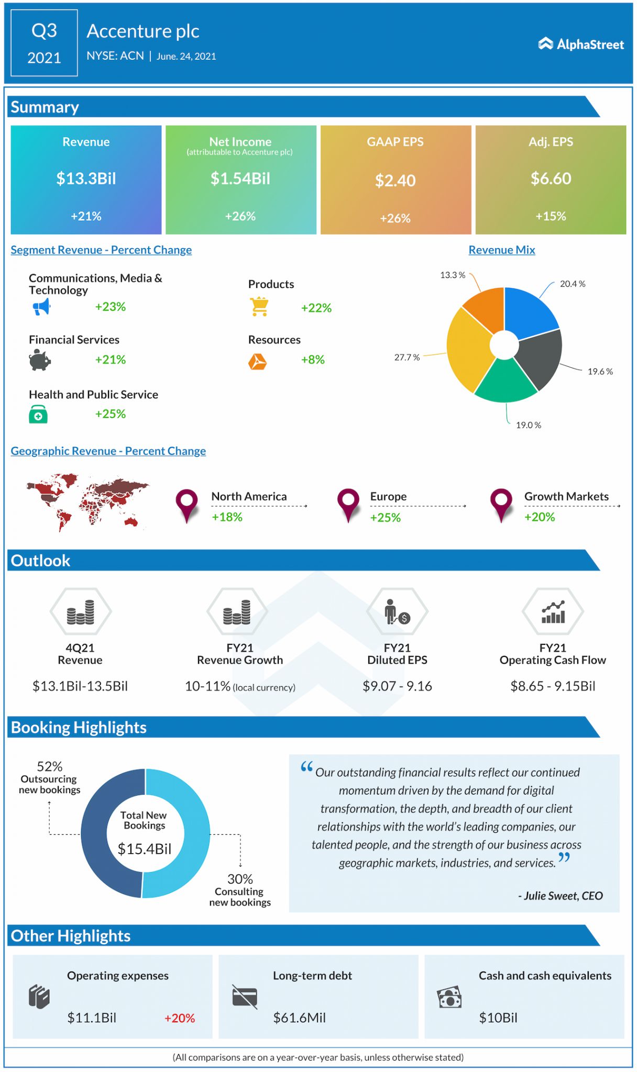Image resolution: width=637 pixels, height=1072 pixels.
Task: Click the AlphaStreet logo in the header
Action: [581, 44]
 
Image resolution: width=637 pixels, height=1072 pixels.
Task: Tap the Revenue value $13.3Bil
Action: [86, 178]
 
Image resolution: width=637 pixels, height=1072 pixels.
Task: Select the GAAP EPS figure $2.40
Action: [395, 181]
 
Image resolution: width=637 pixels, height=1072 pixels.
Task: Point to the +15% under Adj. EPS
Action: [551, 216]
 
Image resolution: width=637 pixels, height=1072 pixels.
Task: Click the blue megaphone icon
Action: [41, 307]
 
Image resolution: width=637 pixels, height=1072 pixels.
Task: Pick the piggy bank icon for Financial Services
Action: [40, 360]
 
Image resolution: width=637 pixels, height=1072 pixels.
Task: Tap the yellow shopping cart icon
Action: [259, 307]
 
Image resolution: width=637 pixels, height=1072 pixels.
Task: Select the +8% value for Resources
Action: [313, 360]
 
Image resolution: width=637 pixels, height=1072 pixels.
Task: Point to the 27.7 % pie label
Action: [407, 358]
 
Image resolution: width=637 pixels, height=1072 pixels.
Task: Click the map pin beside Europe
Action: [348, 504]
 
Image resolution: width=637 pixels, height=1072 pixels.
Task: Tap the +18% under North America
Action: [227, 517]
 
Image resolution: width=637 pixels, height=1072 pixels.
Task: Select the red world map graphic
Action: [87, 501]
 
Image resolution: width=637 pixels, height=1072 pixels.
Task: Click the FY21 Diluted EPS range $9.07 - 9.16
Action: [397, 686]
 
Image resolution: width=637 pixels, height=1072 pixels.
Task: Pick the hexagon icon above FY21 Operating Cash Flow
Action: [553, 611]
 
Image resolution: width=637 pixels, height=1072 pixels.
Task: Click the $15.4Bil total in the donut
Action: [144, 848]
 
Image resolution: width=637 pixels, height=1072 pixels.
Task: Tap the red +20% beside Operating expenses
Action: [179, 1018]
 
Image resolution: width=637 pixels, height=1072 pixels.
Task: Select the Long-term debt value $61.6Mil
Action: [299, 1018]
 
